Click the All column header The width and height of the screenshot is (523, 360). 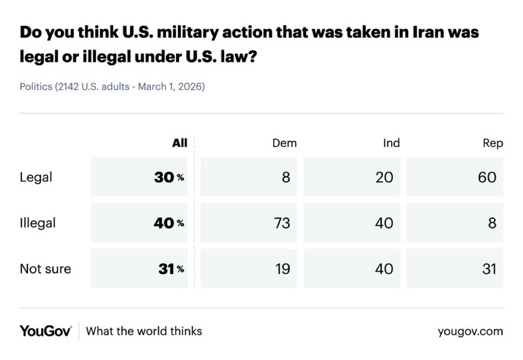click(179, 143)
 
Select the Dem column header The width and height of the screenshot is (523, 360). click(284, 143)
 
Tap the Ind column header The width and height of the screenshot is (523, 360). click(391, 143)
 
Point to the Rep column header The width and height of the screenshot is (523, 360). click(493, 143)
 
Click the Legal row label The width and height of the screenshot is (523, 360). click(35, 177)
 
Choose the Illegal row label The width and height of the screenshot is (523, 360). click(37, 223)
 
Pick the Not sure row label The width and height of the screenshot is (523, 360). click(45, 269)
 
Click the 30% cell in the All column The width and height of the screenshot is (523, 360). click(169, 177)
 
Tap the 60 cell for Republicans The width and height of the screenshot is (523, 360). click(487, 177)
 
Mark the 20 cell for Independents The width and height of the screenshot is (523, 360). click(384, 177)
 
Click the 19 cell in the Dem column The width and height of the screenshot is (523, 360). click(282, 269)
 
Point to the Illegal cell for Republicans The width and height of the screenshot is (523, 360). click(492, 223)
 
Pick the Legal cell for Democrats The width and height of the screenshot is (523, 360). click(286, 177)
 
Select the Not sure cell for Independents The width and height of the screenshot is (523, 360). click(384, 269)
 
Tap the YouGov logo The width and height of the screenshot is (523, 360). click(45, 330)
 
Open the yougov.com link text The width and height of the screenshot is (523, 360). click(470, 331)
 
